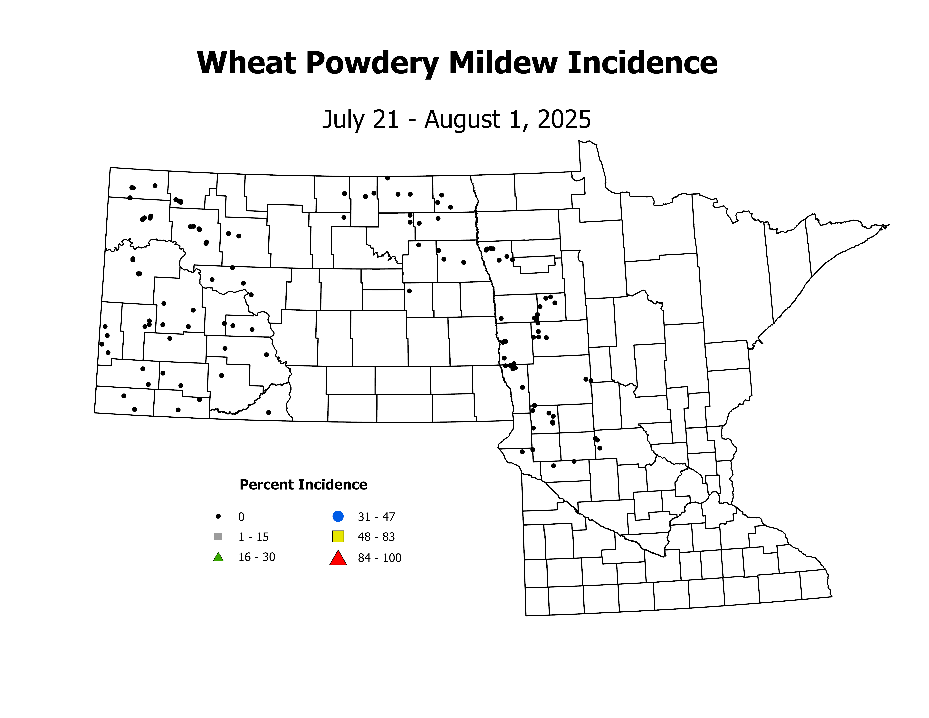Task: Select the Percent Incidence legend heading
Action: click(303, 484)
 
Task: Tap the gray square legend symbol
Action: click(218, 536)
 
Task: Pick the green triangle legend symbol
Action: click(218, 557)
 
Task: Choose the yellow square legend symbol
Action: click(338, 536)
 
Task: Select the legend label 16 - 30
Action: click(256, 557)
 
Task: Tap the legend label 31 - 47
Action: click(376, 517)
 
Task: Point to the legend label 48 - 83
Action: click(376, 537)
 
